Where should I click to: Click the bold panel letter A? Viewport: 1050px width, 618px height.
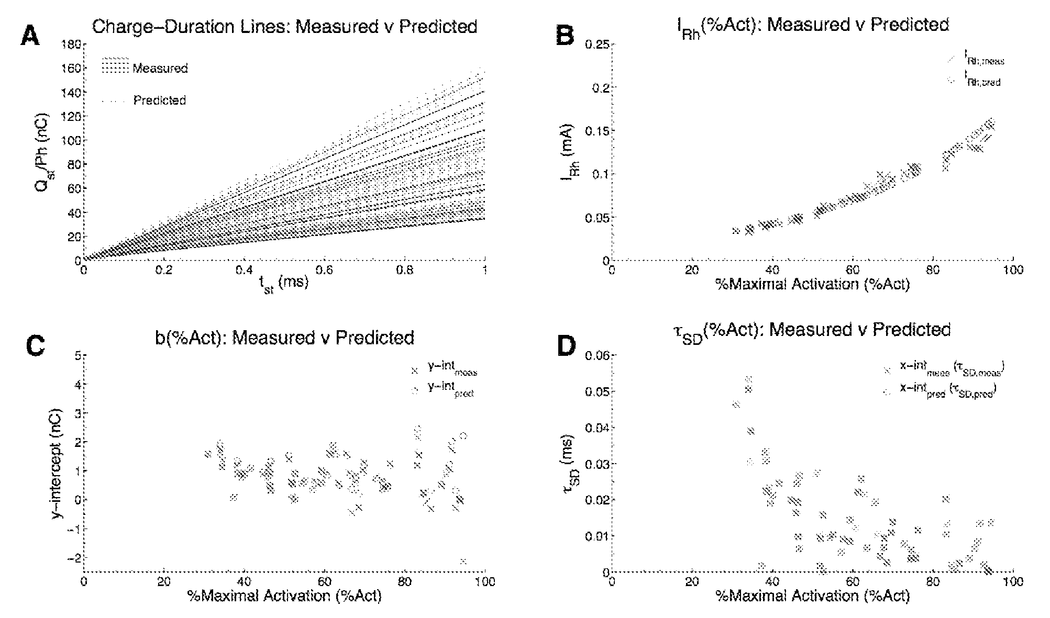pos(30,37)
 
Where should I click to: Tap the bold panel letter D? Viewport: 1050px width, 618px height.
pos(567,346)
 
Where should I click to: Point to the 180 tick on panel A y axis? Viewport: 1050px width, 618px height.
pos(73,44)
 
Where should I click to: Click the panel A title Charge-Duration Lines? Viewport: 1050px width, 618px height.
pos(284,27)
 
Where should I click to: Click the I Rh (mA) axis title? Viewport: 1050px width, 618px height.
pos(569,152)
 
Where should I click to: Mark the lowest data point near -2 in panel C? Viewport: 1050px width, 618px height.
pos(463,561)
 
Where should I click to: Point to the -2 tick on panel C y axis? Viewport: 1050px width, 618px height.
pos(73,558)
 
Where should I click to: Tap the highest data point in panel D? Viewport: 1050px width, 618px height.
pos(748,379)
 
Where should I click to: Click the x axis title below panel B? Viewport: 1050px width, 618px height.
pos(812,285)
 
